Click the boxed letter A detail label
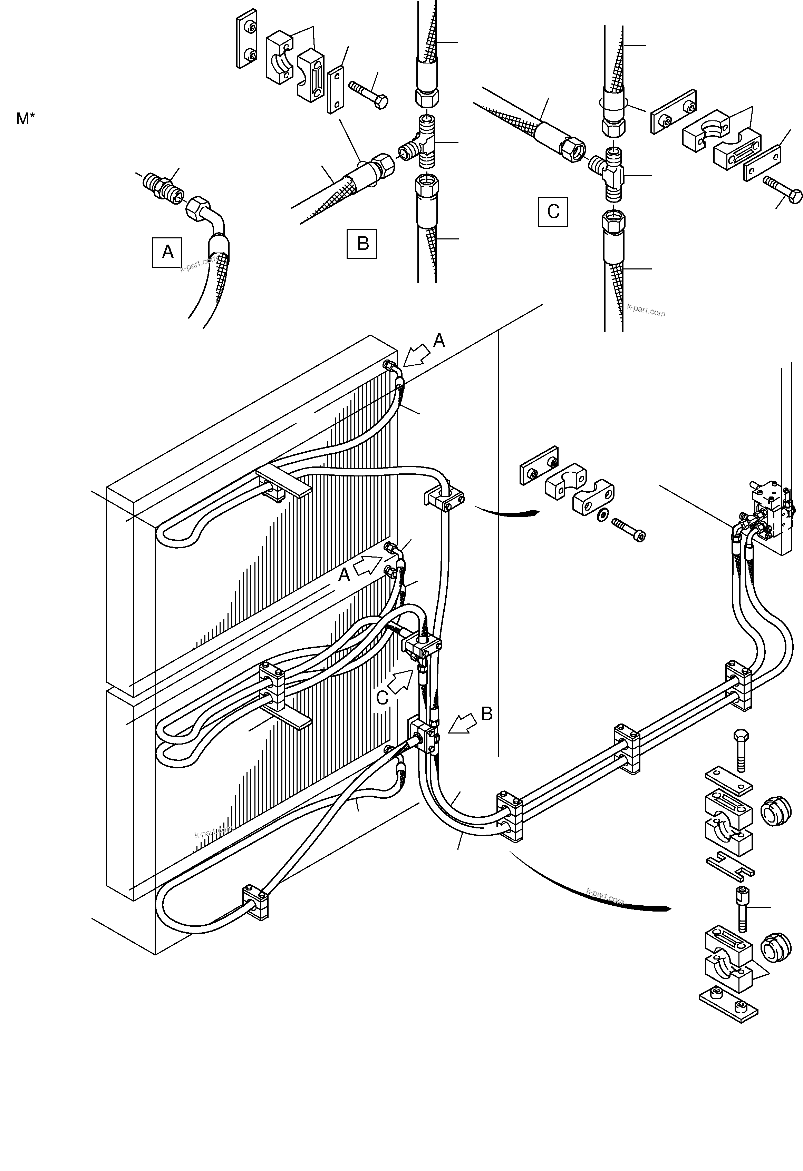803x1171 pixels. [x=167, y=252]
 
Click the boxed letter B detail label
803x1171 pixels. [x=362, y=244]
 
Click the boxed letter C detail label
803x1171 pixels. [x=553, y=211]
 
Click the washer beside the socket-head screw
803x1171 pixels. [x=600, y=515]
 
